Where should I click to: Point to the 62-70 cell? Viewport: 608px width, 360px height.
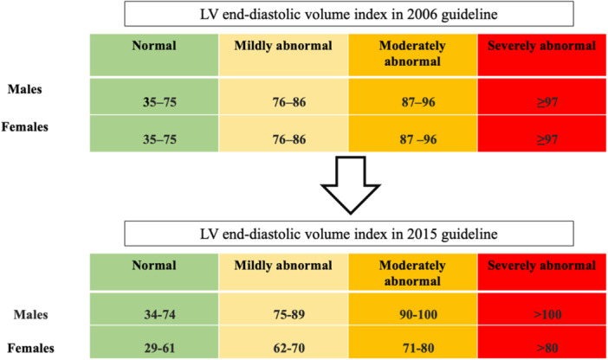point(283,348)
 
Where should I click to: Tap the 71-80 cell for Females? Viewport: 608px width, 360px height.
point(412,348)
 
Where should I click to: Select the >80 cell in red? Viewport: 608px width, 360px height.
point(541,348)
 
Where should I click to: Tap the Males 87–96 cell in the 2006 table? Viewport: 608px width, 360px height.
point(412,100)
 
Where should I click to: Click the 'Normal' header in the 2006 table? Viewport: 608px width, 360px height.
point(154,46)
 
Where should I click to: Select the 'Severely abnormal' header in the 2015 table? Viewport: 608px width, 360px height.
point(541,266)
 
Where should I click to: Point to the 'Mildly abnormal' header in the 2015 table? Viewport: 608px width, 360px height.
point(283,266)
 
